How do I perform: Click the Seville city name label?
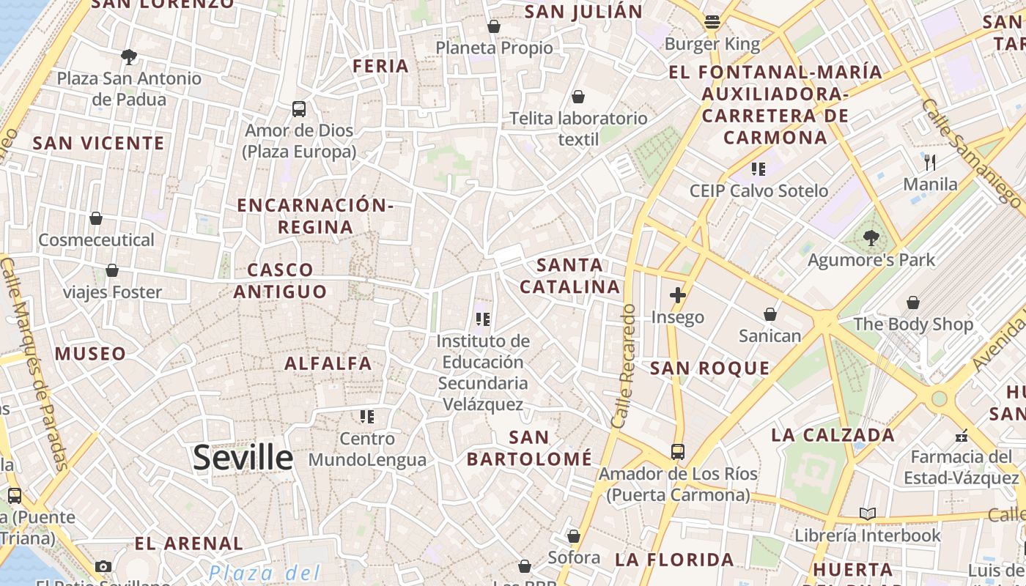pyautogui.click(x=243, y=457)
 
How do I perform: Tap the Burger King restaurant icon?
pyautogui.click(x=712, y=22)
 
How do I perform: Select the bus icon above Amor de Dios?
pyautogui.click(x=299, y=109)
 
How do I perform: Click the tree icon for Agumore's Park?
pyautogui.click(x=871, y=237)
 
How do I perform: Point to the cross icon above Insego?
pyautogui.click(x=678, y=295)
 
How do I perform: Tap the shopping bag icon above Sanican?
pyautogui.click(x=770, y=314)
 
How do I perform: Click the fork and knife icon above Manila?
pyautogui.click(x=930, y=162)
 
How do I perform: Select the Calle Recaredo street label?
pyautogui.click(x=624, y=366)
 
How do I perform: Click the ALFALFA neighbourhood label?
pyautogui.click(x=328, y=363)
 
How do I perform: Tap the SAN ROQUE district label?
pyautogui.click(x=709, y=368)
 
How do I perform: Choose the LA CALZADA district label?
pyautogui.click(x=833, y=435)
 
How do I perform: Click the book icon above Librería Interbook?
pyautogui.click(x=868, y=513)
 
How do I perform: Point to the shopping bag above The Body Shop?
pyautogui.click(x=913, y=303)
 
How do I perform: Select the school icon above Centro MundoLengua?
pyautogui.click(x=367, y=417)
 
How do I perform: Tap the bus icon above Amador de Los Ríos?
pyautogui.click(x=678, y=452)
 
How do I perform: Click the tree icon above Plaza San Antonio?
pyautogui.click(x=129, y=56)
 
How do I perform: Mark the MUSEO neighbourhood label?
pyautogui.click(x=91, y=354)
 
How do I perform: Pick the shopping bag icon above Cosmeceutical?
pyautogui.click(x=96, y=218)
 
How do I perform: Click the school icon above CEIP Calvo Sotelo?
pyautogui.click(x=759, y=169)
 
